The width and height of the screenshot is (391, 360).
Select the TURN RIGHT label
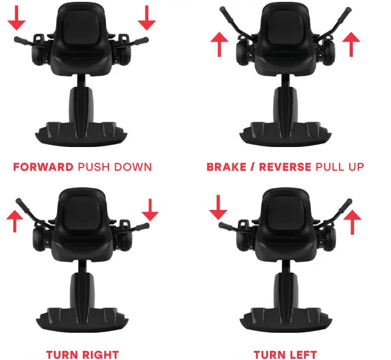pyautogui.click(x=82, y=355)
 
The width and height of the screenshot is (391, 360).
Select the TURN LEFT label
pyautogui.click(x=285, y=355)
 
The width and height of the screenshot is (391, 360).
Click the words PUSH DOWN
pyautogui.click(x=114, y=166)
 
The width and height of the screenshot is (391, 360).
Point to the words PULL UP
pyautogui.click(x=340, y=166)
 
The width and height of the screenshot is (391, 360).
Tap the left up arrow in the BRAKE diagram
pyautogui.click(x=220, y=45)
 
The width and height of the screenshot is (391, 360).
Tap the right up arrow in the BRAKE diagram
pyautogui.click(x=351, y=45)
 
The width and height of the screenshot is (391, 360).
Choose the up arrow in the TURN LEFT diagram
pyautogui.click(x=353, y=221)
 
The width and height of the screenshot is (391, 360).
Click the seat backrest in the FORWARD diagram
pyautogui.click(x=82, y=24)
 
